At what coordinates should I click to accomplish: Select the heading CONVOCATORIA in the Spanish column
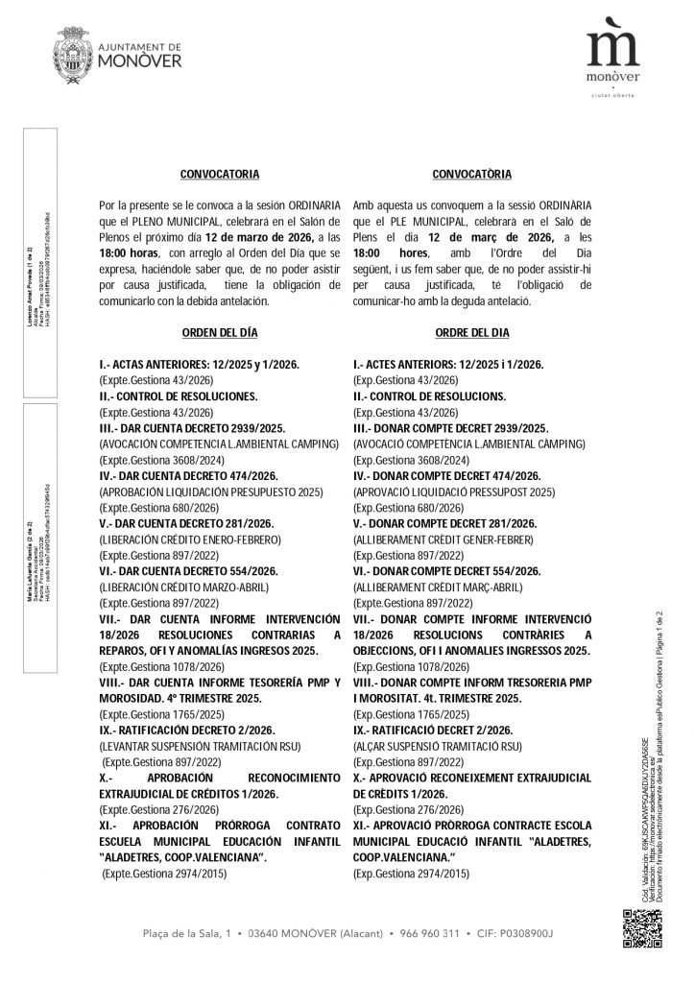[220, 175]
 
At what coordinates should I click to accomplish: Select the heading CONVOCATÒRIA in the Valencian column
[472, 175]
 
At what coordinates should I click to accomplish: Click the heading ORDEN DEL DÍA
[220, 333]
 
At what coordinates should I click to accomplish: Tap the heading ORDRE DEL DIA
[472, 333]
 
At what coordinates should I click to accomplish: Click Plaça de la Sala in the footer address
[182, 933]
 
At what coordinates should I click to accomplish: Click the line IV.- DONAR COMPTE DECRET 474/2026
[447, 475]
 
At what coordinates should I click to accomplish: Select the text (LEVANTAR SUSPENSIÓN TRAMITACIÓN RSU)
[201, 745]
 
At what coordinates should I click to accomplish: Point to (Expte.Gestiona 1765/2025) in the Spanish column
[159, 713]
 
